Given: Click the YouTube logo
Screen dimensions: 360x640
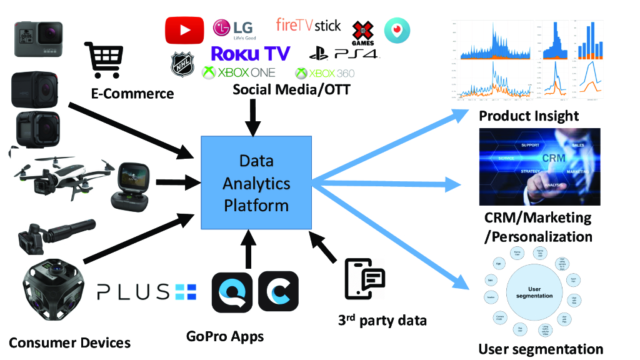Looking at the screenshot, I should tap(184, 30).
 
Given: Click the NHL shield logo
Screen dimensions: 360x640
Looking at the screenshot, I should tap(182, 64).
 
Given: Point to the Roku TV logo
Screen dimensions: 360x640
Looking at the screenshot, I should tap(250, 53).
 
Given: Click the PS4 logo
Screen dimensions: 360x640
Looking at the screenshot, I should tap(344, 54).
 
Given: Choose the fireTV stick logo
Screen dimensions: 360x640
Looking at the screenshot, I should tap(309, 26).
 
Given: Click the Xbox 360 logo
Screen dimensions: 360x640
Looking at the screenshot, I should tap(325, 73).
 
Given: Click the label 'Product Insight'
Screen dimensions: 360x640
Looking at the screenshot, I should tap(529, 116).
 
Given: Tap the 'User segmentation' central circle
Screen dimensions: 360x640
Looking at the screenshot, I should tap(531, 292).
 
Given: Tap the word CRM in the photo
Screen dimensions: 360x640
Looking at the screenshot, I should tap(553, 158).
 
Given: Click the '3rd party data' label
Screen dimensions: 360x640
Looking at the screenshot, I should tap(382, 321).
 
